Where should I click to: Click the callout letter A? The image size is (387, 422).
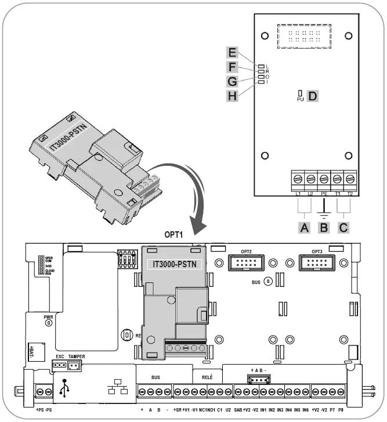point(302,227)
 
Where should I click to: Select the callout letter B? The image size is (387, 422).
point(323,227)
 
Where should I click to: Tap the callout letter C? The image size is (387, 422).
point(343,227)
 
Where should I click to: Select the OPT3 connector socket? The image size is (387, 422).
point(317,264)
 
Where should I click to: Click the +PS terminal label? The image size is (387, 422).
point(40,410)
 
